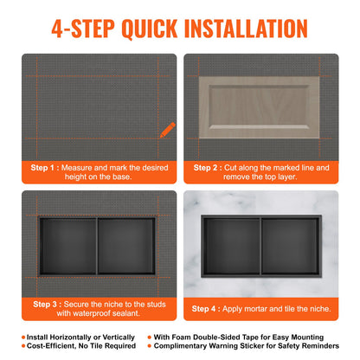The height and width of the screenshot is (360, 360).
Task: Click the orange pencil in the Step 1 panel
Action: tap(164, 130)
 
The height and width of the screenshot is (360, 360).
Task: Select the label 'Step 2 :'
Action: tap(205, 167)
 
